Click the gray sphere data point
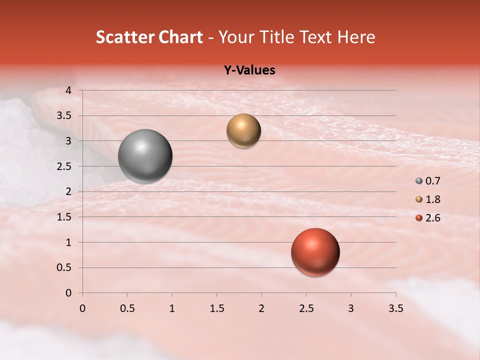tap(145, 156)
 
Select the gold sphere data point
tap(243, 131)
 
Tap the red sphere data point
tap(315, 252)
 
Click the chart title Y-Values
tap(249, 70)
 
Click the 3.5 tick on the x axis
tap(395, 308)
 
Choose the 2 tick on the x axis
tap(261, 308)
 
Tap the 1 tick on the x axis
tap(172, 308)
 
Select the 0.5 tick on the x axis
tap(127, 308)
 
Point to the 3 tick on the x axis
tap(351, 308)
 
